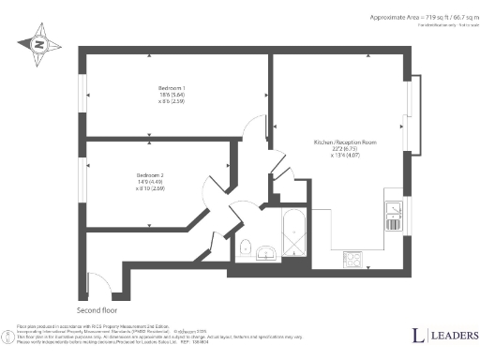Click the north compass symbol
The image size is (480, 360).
tap(38, 42)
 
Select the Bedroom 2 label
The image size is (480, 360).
tap(150, 175)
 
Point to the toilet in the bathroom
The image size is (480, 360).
tap(244, 247)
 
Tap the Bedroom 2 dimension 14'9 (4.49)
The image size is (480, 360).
tap(150, 182)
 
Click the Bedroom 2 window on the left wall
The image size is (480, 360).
tap(83, 177)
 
